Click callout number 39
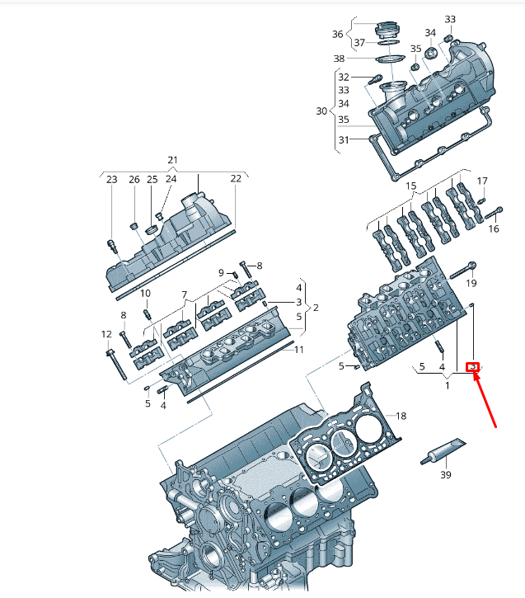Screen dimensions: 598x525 445,474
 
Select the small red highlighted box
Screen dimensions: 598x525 473,367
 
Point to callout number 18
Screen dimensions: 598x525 401,416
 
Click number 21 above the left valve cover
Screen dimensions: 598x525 172,159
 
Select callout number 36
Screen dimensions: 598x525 337,34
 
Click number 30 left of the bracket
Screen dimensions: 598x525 321,111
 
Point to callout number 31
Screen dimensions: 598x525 343,139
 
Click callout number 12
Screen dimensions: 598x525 106,334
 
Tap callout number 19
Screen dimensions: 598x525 471,283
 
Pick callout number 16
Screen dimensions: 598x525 494,228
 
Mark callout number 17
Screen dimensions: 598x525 482,181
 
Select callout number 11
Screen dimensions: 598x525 299,349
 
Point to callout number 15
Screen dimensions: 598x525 411,186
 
